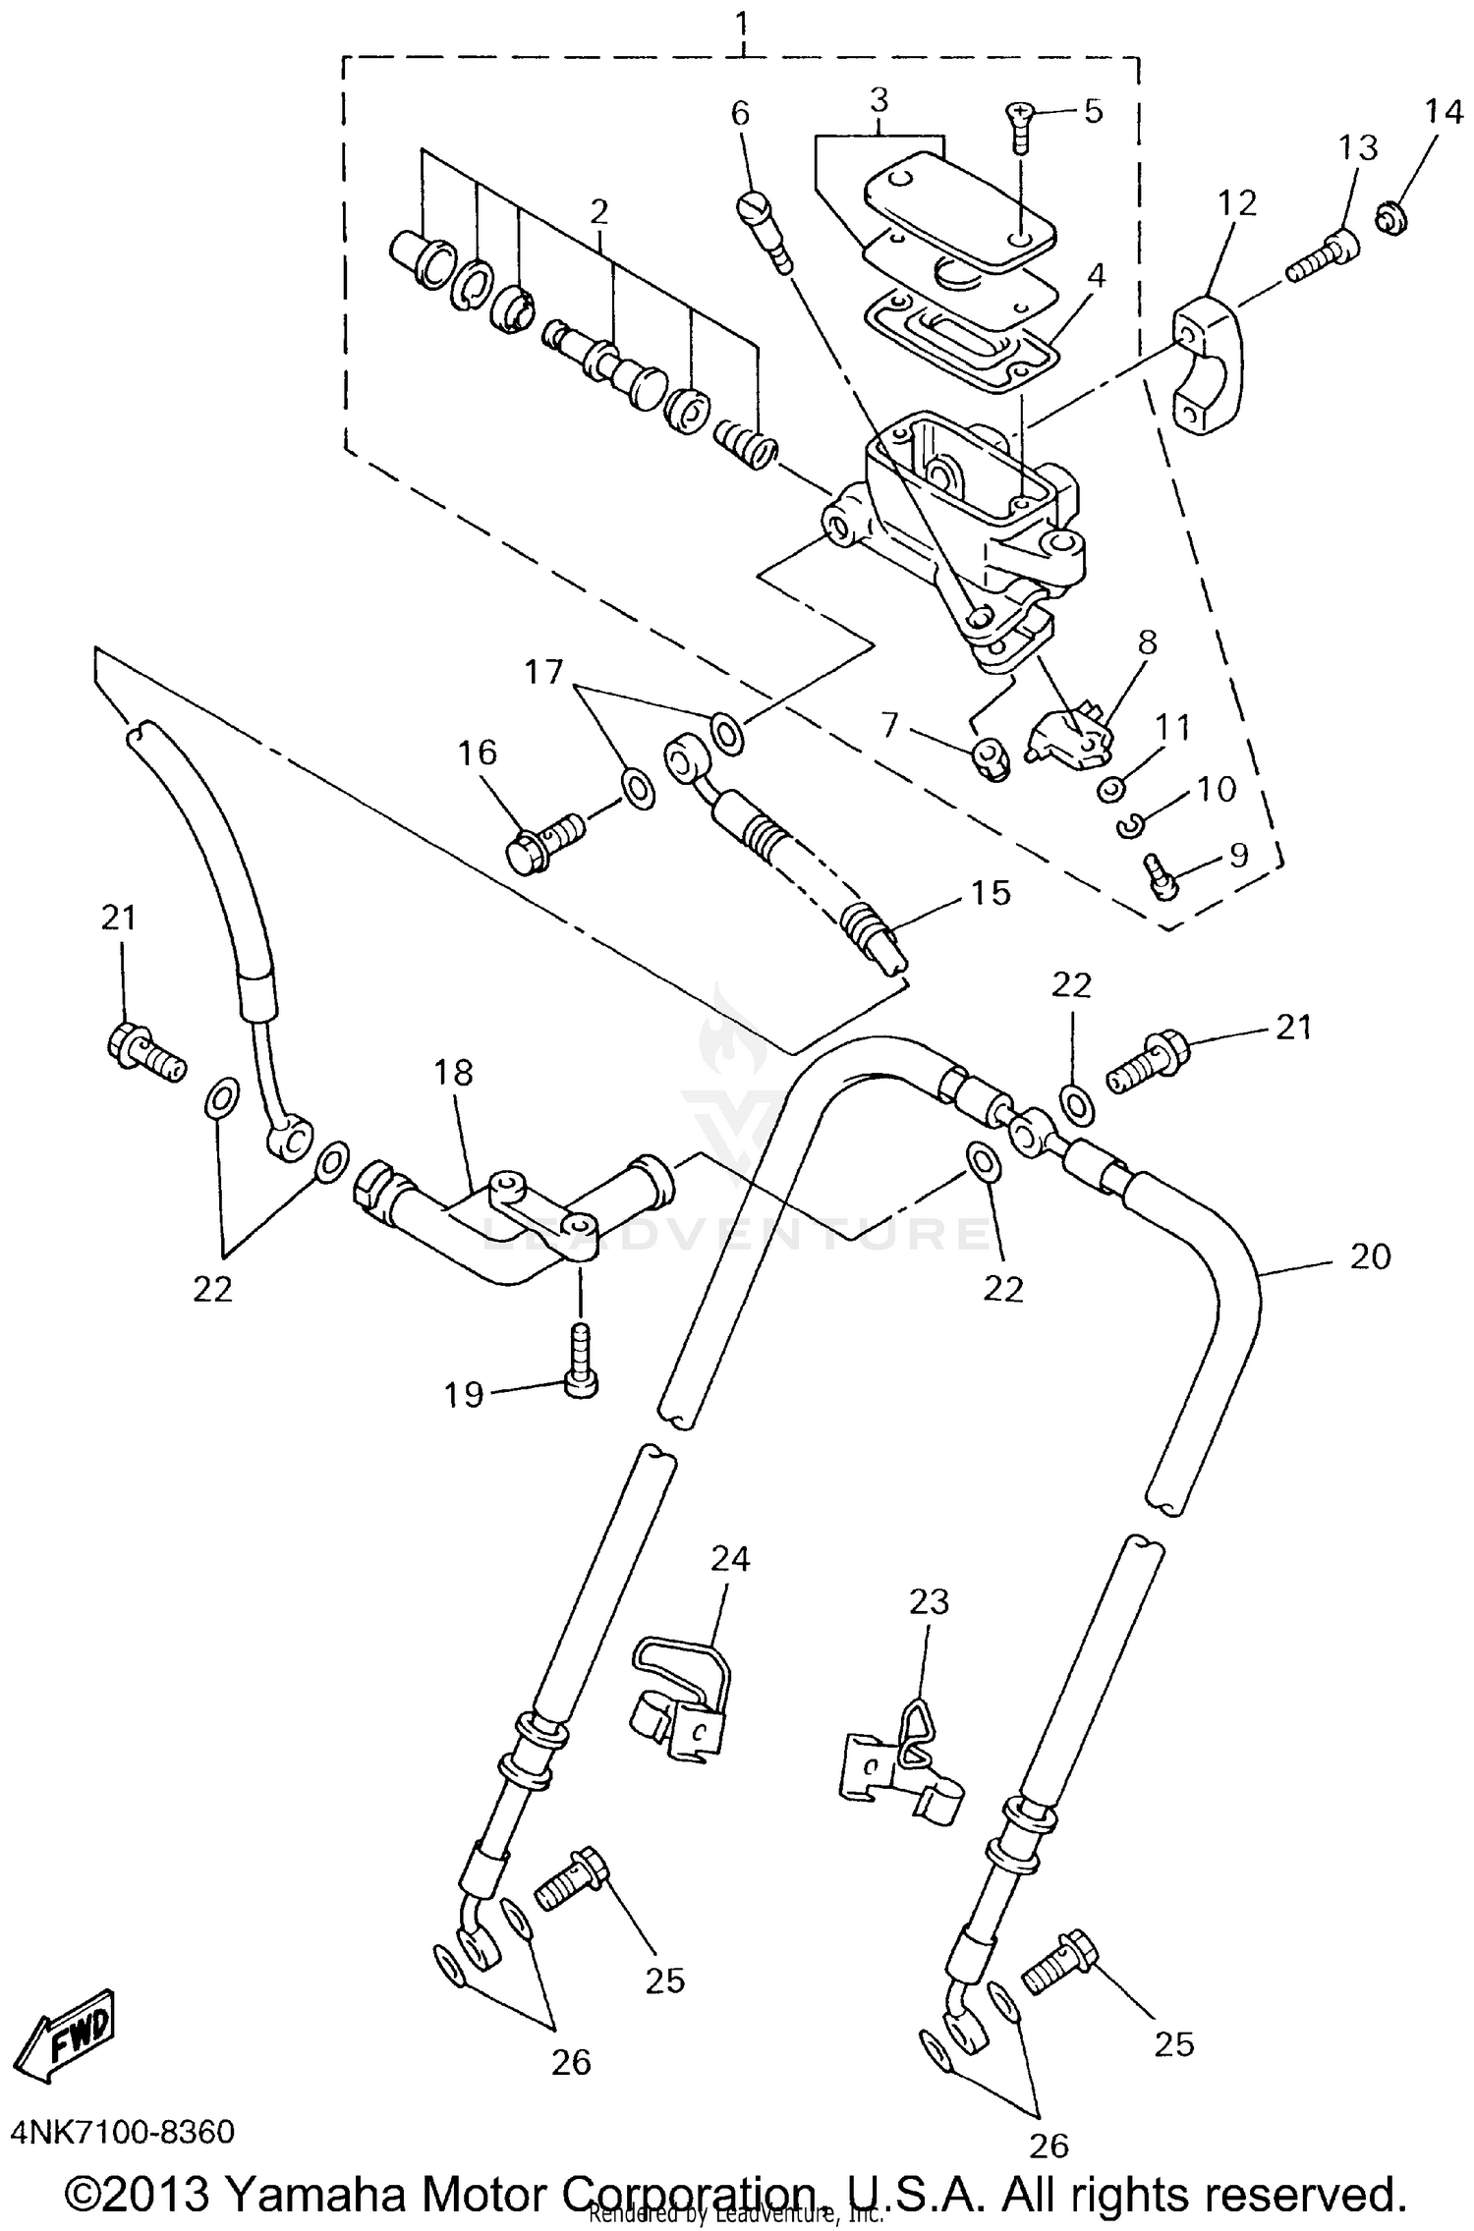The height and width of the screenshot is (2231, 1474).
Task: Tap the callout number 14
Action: point(1444,114)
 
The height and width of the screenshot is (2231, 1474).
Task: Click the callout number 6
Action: point(740,114)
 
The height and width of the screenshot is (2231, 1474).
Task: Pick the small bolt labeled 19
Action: point(581,1362)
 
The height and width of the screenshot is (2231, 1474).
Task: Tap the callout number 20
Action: point(1370,1256)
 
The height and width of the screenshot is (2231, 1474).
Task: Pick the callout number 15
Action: point(990,892)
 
